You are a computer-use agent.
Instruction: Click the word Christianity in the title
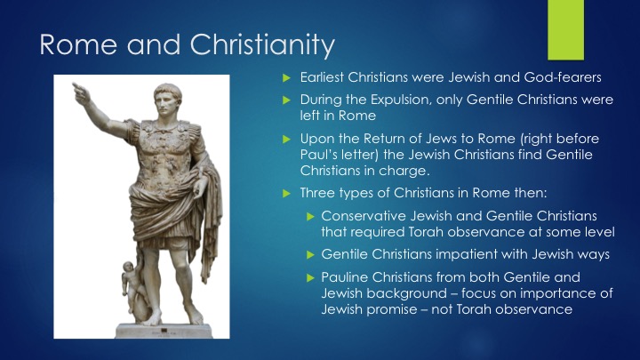[x=262, y=45]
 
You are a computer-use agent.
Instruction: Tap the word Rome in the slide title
[x=78, y=44]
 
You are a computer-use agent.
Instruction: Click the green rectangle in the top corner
[x=565, y=30]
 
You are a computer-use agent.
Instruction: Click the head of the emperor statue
[x=167, y=99]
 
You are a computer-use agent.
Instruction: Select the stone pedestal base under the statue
[x=164, y=331]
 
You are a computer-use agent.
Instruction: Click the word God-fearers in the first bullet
[x=563, y=77]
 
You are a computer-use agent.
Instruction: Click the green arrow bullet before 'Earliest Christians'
[x=286, y=77]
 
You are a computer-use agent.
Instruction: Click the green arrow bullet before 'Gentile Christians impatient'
[x=310, y=255]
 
